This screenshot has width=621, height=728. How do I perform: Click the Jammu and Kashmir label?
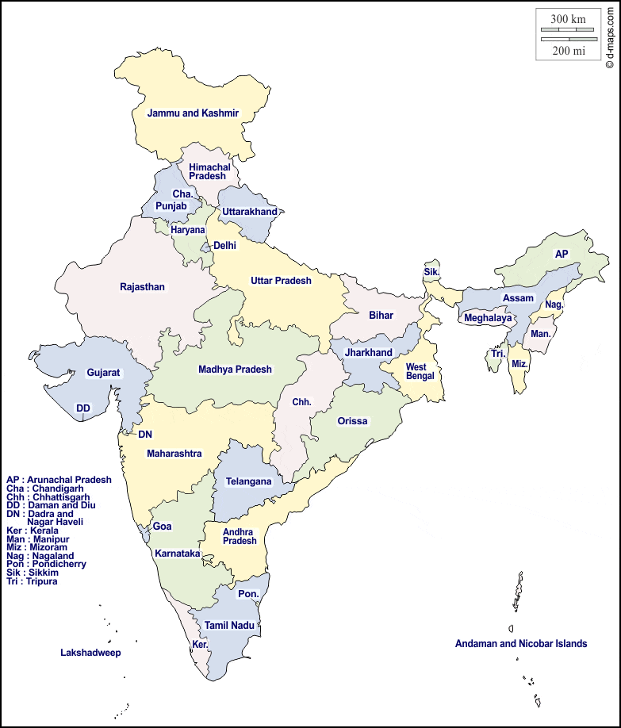pos(193,113)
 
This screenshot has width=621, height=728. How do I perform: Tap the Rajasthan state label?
pos(142,287)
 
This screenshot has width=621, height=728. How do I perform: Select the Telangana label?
pos(248,481)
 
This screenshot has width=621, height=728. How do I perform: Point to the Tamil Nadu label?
pos(229,626)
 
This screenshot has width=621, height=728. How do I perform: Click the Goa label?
pos(162,527)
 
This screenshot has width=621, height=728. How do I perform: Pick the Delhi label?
pos(224,246)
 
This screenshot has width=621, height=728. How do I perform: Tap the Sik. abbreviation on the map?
pos(431,272)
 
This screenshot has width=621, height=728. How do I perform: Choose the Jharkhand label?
pos(368,353)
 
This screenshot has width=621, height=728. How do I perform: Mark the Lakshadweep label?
pos(90,653)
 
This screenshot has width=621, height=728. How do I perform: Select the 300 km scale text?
pos(568,19)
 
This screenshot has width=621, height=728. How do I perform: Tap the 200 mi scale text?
pos(568,51)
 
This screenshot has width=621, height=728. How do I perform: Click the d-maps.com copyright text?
pos(609,36)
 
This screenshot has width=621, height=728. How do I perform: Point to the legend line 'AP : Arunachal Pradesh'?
pos(59,480)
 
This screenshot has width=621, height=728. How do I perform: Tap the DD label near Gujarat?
pos(82,408)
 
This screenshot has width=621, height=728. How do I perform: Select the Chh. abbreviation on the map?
pos(301,402)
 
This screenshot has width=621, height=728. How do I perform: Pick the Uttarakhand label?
pos(250,212)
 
